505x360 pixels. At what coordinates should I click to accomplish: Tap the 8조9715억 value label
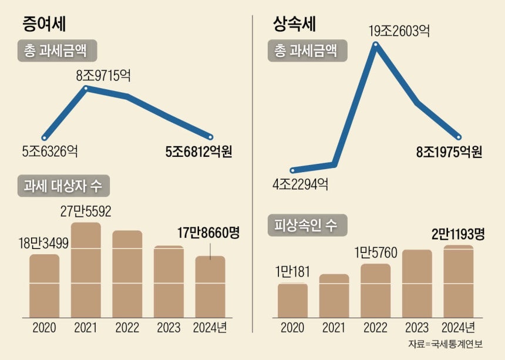coord(103,76)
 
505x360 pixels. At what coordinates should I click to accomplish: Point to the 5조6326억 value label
coord(50,152)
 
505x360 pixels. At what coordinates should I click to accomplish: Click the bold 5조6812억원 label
coord(198,152)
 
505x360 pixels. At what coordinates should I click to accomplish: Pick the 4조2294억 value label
coord(300,185)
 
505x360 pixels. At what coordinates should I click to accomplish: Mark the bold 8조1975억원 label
coord(449,152)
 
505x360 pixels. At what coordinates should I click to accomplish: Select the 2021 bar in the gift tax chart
coord(86,270)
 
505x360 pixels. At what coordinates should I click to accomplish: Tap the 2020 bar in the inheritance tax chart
coord(292,300)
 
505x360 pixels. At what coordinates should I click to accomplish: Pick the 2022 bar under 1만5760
coord(376,291)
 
